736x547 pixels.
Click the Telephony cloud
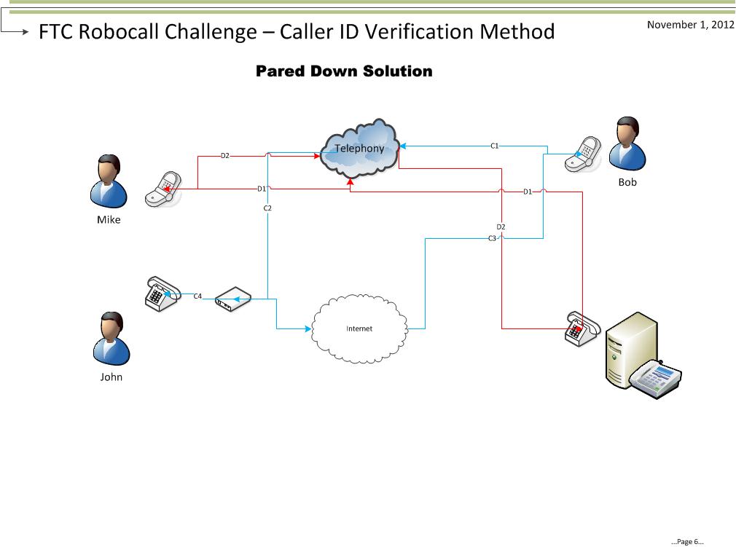[359, 149]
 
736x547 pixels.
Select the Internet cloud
[359, 328]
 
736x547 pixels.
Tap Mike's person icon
[109, 181]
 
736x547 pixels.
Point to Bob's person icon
[627, 145]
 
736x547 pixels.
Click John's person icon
[111, 339]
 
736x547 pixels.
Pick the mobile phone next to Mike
[162, 190]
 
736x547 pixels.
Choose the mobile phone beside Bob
[582, 154]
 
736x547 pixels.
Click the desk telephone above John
[161, 294]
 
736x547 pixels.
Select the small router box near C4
[233, 299]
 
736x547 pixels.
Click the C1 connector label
[494, 146]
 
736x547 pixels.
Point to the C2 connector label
[267, 208]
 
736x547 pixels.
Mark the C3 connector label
[492, 238]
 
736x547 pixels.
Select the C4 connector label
[197, 296]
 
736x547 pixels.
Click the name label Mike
[109, 219]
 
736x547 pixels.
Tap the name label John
[111, 377]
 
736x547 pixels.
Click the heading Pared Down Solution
[344, 71]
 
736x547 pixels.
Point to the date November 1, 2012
[690, 25]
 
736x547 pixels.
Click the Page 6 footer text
[687, 541]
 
